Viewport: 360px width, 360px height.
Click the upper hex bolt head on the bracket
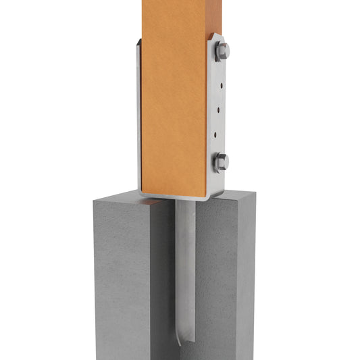pyautogui.click(x=222, y=51)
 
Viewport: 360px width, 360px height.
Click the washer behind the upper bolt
pyautogui.click(x=215, y=52)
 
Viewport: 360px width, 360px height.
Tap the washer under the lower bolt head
pyautogui.click(x=215, y=162)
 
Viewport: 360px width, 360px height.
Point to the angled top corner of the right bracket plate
pyautogui.click(x=214, y=36)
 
